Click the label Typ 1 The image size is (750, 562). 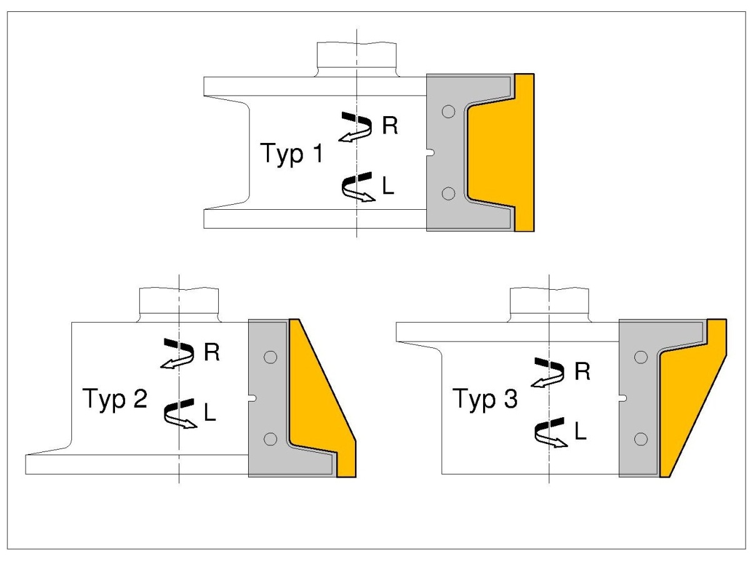291,154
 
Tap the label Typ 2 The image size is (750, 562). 115,398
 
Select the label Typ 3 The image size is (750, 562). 485,398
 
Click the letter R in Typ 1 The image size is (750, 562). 390,126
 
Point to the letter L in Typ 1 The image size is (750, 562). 388,186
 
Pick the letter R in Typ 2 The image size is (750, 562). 211,352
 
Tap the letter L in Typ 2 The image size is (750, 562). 210,413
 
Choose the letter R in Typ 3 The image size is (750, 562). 582,372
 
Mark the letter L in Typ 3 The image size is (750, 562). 581,431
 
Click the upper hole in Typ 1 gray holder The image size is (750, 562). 448,112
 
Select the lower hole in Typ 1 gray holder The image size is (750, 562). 448,194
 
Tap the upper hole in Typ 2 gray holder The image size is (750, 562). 270,357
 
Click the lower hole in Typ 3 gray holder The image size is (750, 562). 641,439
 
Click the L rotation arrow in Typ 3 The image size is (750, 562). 549,433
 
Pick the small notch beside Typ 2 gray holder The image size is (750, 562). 252,398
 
